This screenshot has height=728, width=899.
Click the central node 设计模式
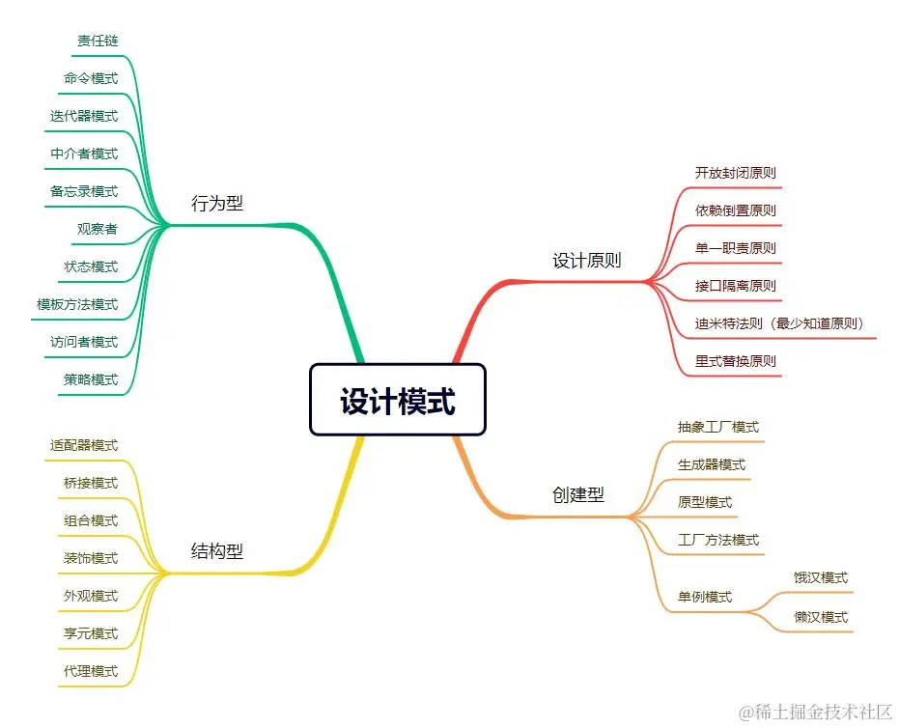397,401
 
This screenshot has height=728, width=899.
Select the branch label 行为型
217,204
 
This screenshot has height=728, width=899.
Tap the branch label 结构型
217,552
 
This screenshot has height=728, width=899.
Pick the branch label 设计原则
586,261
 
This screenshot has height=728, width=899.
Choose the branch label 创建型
578,495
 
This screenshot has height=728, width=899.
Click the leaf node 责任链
98,41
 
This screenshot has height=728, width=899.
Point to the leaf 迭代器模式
84,116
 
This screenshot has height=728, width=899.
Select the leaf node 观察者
98,229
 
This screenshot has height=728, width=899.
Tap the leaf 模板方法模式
77,304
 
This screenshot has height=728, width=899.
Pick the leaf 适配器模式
84,445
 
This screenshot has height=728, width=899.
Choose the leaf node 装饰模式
91,558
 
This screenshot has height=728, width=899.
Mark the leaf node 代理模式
91,671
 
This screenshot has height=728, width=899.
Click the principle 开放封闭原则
735,173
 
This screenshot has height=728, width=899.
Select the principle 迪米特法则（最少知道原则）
779,323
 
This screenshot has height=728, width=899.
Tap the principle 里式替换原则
735,361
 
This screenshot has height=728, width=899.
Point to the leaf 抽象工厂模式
718,427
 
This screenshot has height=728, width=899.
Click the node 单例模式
705,597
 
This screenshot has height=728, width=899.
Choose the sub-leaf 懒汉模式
821,617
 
